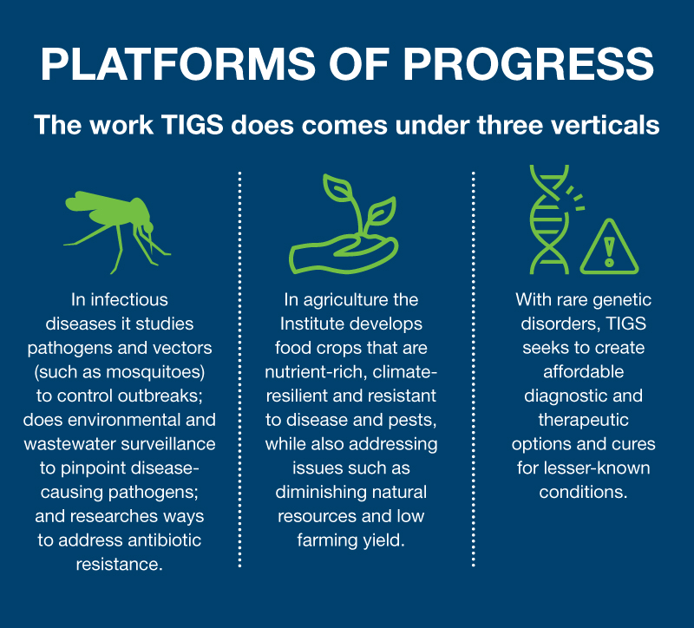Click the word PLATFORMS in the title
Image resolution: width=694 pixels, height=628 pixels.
[178, 63]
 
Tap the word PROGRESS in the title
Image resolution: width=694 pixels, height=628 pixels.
[528, 63]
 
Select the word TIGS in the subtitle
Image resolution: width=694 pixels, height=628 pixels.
[193, 125]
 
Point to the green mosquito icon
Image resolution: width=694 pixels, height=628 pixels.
[118, 226]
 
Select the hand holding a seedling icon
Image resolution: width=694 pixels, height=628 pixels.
[344, 224]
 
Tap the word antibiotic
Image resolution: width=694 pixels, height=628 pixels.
[165, 540]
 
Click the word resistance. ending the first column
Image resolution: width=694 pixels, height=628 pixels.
[120, 565]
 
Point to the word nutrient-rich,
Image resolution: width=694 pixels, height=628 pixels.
[316, 372]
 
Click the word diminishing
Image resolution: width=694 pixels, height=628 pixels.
[318, 492]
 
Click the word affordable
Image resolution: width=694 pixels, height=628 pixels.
[583, 372]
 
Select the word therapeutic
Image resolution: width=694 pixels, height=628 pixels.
[583, 421]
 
